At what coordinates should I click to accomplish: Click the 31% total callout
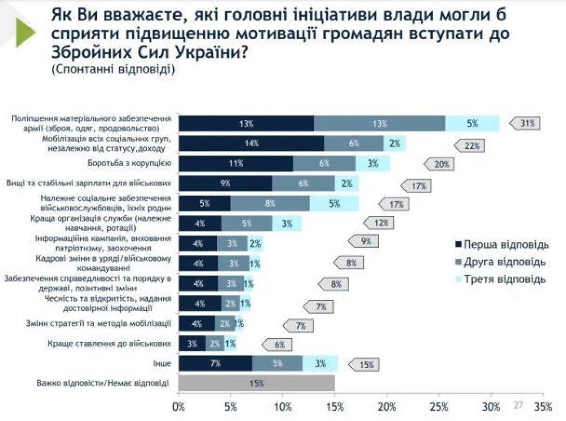(x=526, y=123)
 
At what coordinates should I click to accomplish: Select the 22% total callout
(x=471, y=146)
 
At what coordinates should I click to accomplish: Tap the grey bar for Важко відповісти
(x=256, y=383)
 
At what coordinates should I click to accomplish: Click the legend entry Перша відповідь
(x=500, y=245)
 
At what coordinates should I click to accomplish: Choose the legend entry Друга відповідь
(x=500, y=262)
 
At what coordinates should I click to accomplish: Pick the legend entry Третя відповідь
(x=500, y=279)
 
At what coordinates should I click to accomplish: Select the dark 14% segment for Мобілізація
(x=251, y=144)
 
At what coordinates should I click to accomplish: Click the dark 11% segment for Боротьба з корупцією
(x=236, y=163)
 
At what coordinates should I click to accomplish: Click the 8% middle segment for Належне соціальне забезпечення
(x=269, y=203)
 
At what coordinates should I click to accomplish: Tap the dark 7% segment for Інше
(x=215, y=363)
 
